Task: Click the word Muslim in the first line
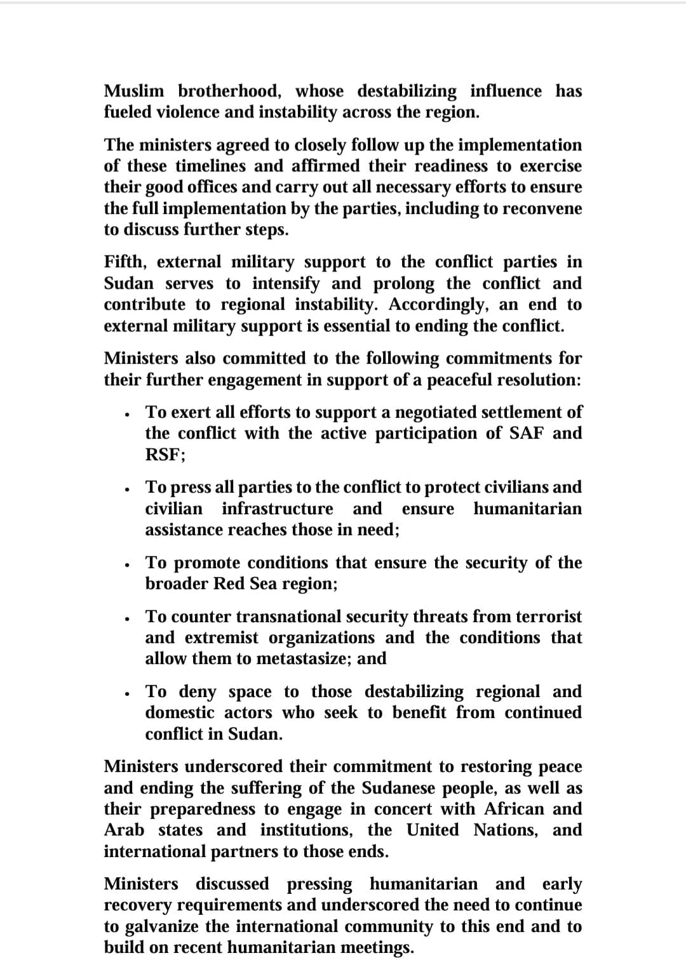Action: click(133, 91)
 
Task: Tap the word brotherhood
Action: click(229, 91)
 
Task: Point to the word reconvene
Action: click(542, 208)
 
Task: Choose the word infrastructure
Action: click(277, 509)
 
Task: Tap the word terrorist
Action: click(548, 616)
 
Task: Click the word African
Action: click(514, 809)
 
